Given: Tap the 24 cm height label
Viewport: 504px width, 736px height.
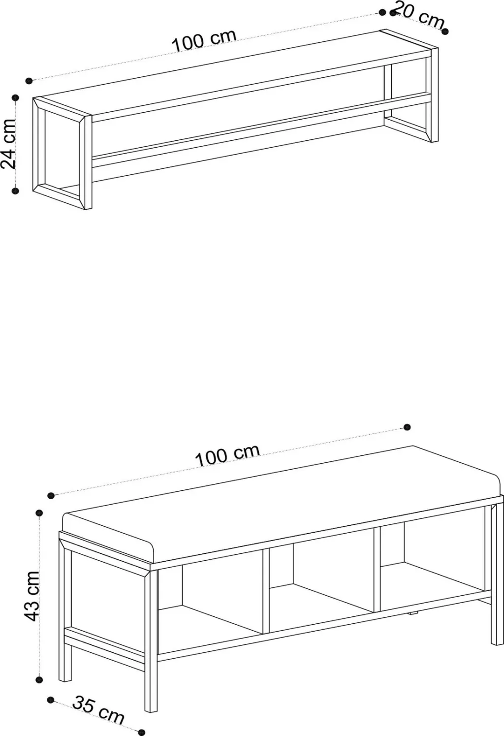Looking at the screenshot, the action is tap(8, 144).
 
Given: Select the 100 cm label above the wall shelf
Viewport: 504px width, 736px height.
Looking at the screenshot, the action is tap(204, 41).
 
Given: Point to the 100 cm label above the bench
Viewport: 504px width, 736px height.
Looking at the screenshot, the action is tap(227, 455).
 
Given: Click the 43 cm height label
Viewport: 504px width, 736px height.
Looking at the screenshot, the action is tap(32, 596).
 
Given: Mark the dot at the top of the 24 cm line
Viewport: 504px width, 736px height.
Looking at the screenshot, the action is tap(15, 97).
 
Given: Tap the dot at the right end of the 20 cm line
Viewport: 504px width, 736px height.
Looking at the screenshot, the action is tap(445, 32).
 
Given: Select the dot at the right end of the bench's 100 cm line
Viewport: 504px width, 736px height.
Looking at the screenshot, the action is tap(407, 427).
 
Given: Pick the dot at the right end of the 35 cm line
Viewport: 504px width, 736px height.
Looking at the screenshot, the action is tap(142, 732).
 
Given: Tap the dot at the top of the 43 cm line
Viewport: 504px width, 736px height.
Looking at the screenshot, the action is tap(39, 513).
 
